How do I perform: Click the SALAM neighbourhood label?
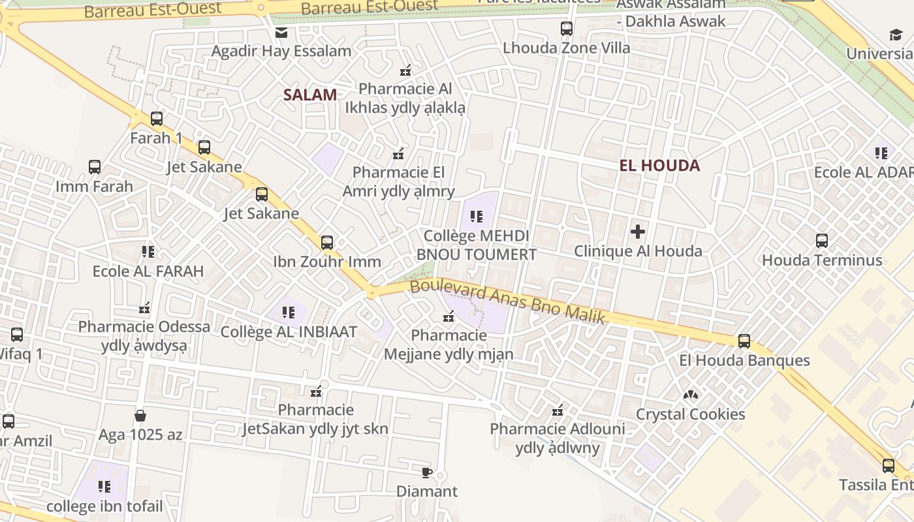(310, 95)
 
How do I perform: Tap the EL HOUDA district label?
(659, 166)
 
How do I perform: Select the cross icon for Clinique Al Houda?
(638, 231)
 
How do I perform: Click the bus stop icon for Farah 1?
(157, 119)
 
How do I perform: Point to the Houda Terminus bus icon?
(822, 240)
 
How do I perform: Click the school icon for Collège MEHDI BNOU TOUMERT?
(477, 216)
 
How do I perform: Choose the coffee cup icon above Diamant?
(427, 472)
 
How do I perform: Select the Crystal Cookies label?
(690, 414)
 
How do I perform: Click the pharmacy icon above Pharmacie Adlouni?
(558, 410)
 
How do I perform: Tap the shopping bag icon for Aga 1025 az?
(140, 416)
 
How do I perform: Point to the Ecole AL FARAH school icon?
(148, 251)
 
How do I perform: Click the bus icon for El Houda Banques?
(744, 341)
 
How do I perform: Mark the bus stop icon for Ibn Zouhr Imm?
(327, 243)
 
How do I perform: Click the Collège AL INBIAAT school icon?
(289, 312)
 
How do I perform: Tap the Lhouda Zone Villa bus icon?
(567, 29)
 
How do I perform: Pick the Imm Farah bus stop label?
(94, 187)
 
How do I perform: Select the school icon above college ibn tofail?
(104, 487)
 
